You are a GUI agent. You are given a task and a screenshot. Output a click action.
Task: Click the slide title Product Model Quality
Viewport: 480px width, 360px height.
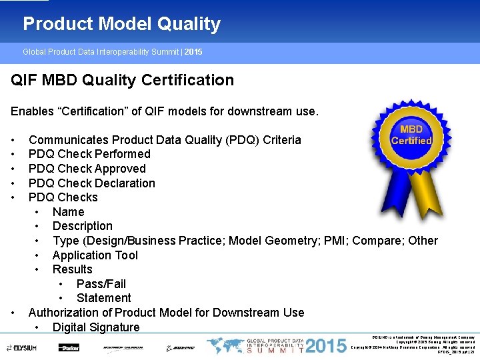(x=121, y=24)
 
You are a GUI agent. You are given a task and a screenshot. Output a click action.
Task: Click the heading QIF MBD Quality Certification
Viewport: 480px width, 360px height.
(x=122, y=81)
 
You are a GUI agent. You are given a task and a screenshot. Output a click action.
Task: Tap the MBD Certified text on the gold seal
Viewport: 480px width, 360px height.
(x=411, y=135)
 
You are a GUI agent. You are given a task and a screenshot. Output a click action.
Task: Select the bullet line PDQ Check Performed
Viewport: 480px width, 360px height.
(x=89, y=154)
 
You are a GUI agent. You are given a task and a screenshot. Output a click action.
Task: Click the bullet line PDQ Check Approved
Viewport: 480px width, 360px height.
(x=87, y=169)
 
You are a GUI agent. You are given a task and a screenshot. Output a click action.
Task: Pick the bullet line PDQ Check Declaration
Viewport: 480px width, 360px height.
(x=91, y=183)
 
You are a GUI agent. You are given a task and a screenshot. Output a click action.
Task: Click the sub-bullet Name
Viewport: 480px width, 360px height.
(x=68, y=212)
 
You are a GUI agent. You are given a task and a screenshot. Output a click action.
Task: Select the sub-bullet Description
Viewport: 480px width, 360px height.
(x=82, y=226)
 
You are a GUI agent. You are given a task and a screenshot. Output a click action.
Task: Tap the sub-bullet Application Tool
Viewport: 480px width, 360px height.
(x=95, y=255)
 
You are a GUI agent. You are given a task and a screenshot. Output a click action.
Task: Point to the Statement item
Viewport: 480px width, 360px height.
(x=103, y=298)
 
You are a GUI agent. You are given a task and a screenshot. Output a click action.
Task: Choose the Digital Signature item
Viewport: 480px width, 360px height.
(x=96, y=327)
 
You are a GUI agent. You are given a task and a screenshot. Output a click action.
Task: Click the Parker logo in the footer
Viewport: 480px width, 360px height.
(x=69, y=347)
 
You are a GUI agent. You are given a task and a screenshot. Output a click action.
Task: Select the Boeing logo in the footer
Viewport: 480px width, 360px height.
(x=181, y=347)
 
